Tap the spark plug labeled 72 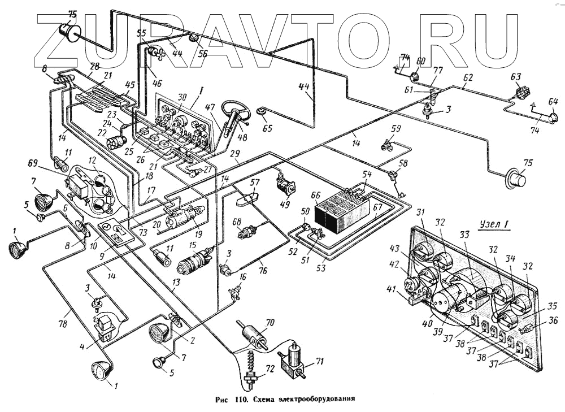[x=250, y=370]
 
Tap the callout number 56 [x=202, y=54]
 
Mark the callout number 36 [x=553, y=320]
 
